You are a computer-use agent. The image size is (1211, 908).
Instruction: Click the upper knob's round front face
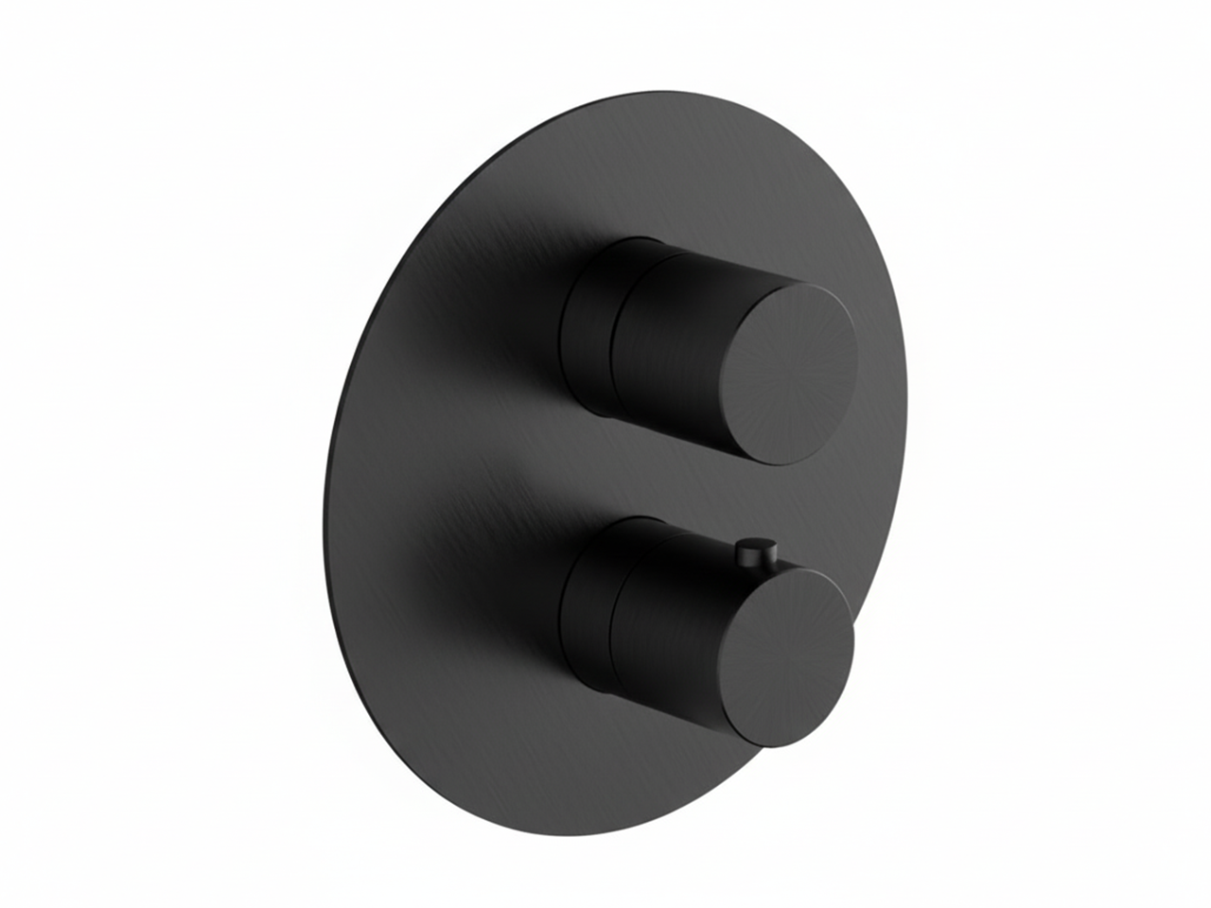point(793,373)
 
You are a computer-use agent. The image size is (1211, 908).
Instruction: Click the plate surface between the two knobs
point(530,473)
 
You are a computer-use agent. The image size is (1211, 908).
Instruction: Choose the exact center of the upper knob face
point(793,373)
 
